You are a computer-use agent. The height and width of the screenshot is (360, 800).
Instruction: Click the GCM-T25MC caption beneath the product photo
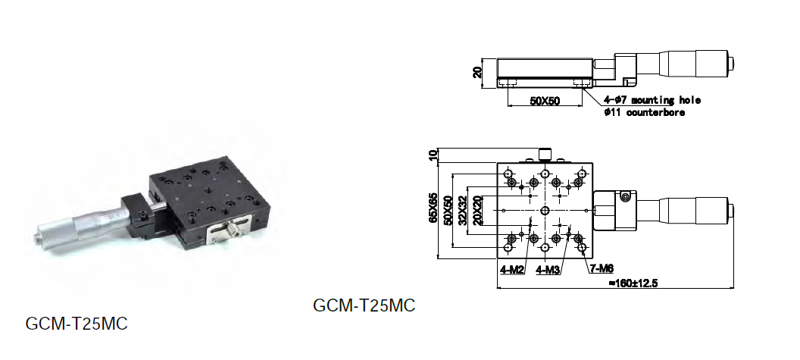tap(77, 324)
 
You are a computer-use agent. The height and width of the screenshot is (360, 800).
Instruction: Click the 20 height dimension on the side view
tap(477, 73)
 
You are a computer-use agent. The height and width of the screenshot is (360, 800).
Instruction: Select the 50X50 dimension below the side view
tap(545, 101)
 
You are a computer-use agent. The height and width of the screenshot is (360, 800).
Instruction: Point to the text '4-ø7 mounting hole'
tap(652, 101)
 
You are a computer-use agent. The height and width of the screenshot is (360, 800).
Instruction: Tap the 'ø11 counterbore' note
tap(645, 112)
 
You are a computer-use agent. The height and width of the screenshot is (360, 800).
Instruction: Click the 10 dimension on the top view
tap(433, 155)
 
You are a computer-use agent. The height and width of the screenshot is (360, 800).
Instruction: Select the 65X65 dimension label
tap(433, 208)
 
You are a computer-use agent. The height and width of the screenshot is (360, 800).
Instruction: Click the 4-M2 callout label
tap(512, 270)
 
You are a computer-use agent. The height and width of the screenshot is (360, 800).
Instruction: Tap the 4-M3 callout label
tap(548, 270)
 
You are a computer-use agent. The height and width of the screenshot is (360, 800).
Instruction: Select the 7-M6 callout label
tap(602, 268)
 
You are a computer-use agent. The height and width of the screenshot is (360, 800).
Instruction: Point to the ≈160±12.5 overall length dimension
tap(633, 283)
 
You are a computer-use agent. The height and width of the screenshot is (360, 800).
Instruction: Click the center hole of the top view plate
tap(545, 211)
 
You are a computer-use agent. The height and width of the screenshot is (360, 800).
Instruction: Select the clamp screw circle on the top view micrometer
tap(624, 196)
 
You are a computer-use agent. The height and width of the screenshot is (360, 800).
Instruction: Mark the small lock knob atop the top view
tap(545, 154)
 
